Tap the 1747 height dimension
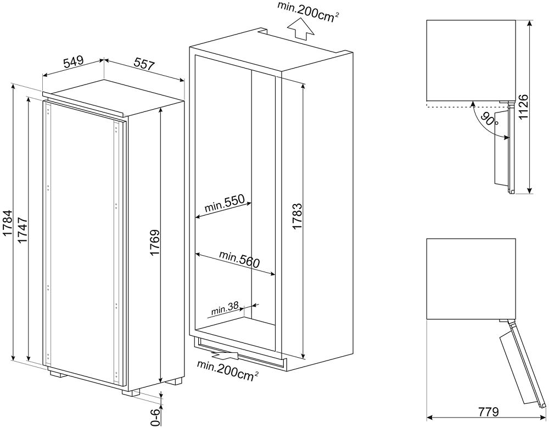pyautogui.click(x=22, y=229)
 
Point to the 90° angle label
pyautogui.click(x=489, y=119)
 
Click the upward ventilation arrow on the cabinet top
pyautogui.click(x=300, y=29)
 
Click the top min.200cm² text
pyautogui.click(x=307, y=11)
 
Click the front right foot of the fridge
pyautogui.click(x=131, y=392)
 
